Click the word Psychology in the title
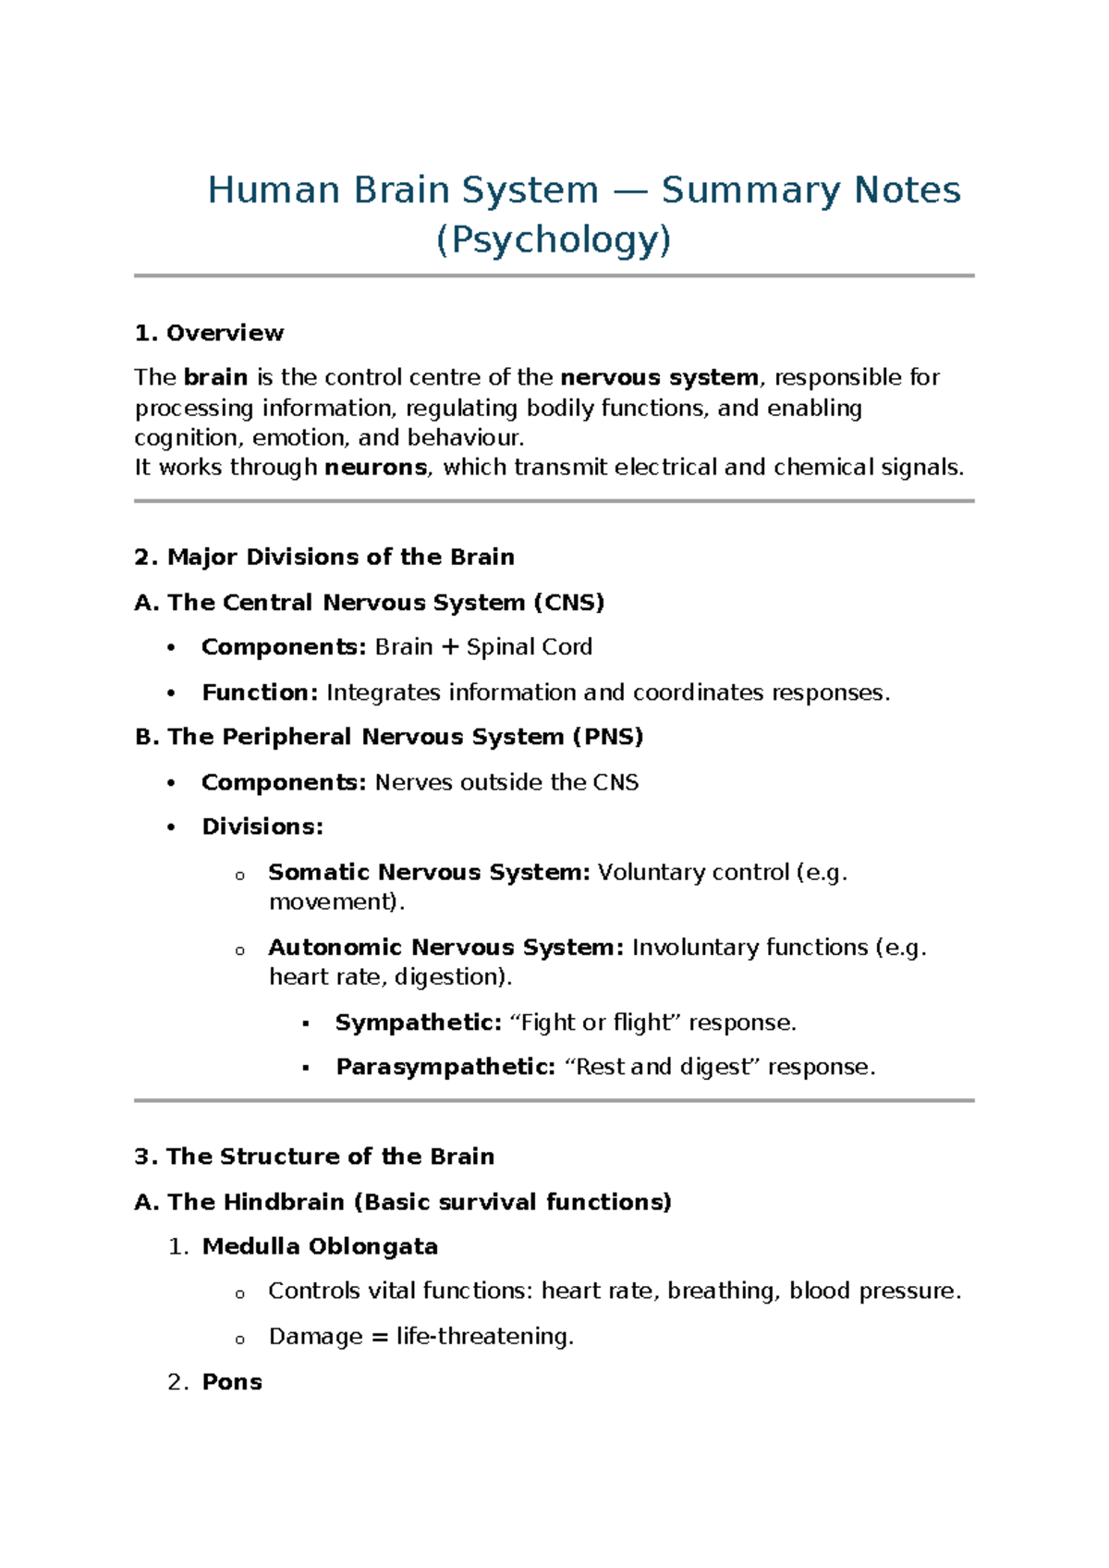pyautogui.click(x=553, y=240)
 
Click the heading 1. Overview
pyautogui.click(x=209, y=333)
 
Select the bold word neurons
pyautogui.click(x=376, y=468)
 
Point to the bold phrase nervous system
pyautogui.click(x=659, y=377)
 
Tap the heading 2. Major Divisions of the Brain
pyautogui.click(x=324, y=557)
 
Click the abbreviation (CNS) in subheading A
pyautogui.click(x=569, y=603)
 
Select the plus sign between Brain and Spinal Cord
pyautogui.click(x=450, y=647)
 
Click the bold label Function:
pyautogui.click(x=260, y=692)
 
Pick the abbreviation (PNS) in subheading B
pyautogui.click(x=607, y=737)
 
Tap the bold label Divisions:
pyautogui.click(x=262, y=827)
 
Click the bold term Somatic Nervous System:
pyautogui.click(x=429, y=872)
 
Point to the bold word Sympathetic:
pyautogui.click(x=418, y=1023)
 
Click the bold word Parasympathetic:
pyautogui.click(x=445, y=1067)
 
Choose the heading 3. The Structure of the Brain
pyautogui.click(x=314, y=1157)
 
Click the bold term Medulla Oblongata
pyautogui.click(x=320, y=1246)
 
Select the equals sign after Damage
pyautogui.click(x=379, y=1337)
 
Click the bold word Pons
pyautogui.click(x=232, y=1382)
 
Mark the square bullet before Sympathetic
pyautogui.click(x=305, y=1024)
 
